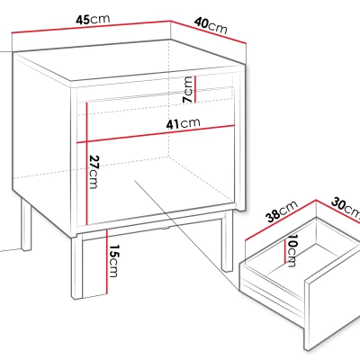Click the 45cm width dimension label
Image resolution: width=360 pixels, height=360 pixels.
pyautogui.click(x=93, y=19)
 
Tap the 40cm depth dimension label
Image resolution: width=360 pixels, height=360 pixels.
pyautogui.click(x=211, y=25)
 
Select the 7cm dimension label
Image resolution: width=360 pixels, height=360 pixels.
pyautogui.click(x=188, y=89)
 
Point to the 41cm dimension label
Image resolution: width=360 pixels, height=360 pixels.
pyautogui.click(x=183, y=123)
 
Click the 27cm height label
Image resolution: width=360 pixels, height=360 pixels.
pyautogui.click(x=94, y=172)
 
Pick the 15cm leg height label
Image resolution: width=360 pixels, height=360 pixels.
pyautogui.click(x=113, y=261)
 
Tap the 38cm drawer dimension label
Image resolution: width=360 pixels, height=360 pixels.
pyautogui.click(x=282, y=211)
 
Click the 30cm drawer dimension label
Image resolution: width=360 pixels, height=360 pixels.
pyautogui.click(x=346, y=207)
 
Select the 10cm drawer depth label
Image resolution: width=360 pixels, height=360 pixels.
pyautogui.click(x=292, y=250)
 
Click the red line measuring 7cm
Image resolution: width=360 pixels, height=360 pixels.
pyautogui.click(x=195, y=89)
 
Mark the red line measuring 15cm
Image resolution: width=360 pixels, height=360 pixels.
pyautogui.click(x=106, y=262)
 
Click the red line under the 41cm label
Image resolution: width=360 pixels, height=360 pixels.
pyautogui.click(x=156, y=133)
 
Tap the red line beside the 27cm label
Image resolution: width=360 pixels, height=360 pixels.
pyautogui.click(x=86, y=164)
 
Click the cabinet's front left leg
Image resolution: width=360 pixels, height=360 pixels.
pyautogui.click(x=77, y=267)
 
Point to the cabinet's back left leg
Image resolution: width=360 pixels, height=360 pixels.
pyautogui.click(x=26, y=224)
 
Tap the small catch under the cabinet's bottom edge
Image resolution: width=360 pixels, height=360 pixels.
pyautogui.click(x=165, y=229)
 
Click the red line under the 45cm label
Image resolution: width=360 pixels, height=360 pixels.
pyautogui.click(x=91, y=26)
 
